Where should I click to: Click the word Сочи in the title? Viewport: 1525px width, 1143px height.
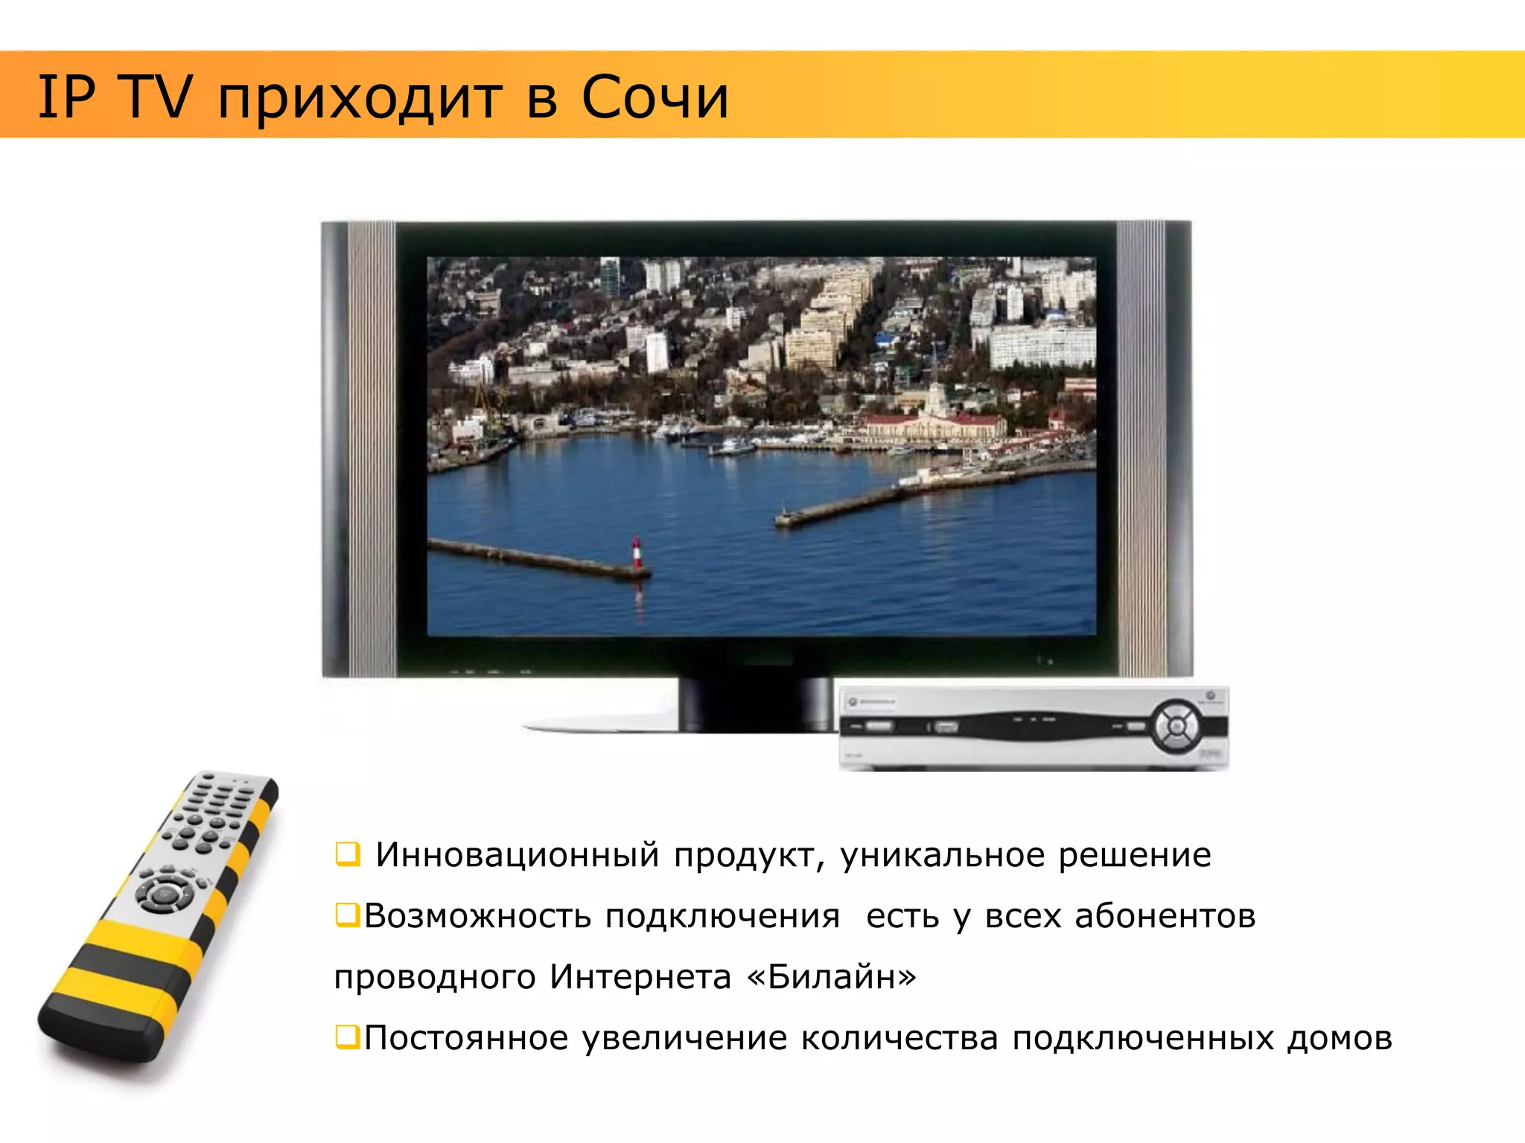pos(655,97)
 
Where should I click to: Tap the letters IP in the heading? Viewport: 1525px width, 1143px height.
pos(66,97)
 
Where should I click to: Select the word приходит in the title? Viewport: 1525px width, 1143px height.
pos(359,98)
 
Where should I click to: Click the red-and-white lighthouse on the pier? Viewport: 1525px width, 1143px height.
pos(636,553)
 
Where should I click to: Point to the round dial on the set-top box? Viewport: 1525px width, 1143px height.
pos(1177,724)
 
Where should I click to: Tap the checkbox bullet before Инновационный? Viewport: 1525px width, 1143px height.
pos(347,854)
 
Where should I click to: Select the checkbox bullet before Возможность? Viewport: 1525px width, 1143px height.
pos(347,915)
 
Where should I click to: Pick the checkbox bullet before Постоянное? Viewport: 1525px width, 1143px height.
pos(347,1037)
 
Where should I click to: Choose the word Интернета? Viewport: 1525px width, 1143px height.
pos(640,976)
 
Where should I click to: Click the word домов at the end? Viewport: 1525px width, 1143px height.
pos(1340,1037)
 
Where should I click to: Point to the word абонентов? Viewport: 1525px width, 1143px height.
pos(1165,916)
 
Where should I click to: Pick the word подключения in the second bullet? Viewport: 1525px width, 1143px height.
pos(722,917)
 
